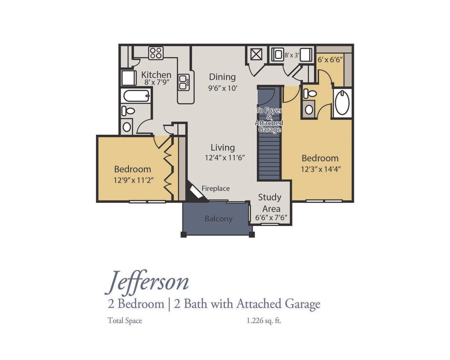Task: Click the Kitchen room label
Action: [x=156, y=75]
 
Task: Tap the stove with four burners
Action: [x=156, y=53]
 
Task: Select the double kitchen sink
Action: [x=184, y=82]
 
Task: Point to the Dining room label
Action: [x=222, y=77]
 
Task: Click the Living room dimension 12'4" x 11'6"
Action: [x=224, y=157]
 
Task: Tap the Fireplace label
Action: [x=215, y=188]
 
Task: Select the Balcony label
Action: [x=218, y=219]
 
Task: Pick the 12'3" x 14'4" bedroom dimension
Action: [x=320, y=168]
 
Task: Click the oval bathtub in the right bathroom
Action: [x=342, y=103]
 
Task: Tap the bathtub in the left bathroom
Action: [x=136, y=96]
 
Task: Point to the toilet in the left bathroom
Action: [x=128, y=111]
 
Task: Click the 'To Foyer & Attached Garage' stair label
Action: [x=269, y=120]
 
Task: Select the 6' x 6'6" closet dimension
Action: [x=330, y=60]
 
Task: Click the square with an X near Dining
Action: [x=255, y=55]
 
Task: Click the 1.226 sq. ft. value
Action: [x=264, y=321]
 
